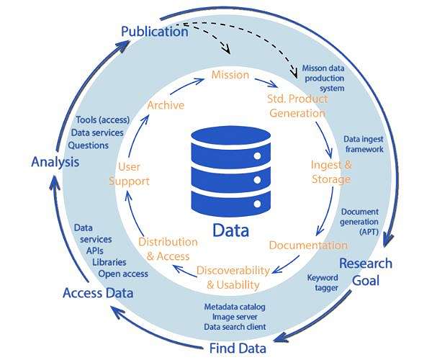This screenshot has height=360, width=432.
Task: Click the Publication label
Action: (154, 31)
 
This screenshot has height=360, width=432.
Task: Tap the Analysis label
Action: (55, 161)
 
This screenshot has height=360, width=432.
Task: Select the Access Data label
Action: (97, 293)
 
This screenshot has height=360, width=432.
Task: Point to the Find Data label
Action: (238, 348)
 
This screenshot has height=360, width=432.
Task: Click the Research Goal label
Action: (366, 271)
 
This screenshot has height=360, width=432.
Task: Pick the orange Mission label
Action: (230, 74)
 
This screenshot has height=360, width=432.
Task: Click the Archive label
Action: (166, 105)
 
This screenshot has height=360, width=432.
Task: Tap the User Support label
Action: (129, 174)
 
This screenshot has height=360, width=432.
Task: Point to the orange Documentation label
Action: (308, 245)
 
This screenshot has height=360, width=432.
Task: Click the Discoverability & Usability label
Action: (233, 277)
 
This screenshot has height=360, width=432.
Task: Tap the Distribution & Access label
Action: (168, 248)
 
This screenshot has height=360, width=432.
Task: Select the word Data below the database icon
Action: (230, 230)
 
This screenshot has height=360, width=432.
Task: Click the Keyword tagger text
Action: (323, 282)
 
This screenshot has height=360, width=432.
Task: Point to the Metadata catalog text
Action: (234, 307)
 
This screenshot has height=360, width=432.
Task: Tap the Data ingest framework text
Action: (363, 144)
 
